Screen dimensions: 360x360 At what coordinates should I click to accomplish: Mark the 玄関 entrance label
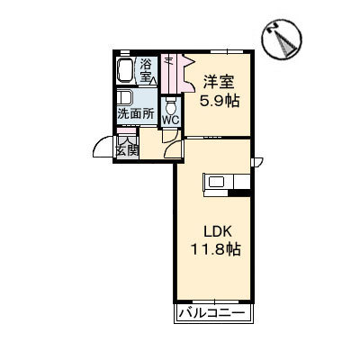(x=126, y=150)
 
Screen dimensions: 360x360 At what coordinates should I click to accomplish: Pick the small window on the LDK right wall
(x=256, y=163)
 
